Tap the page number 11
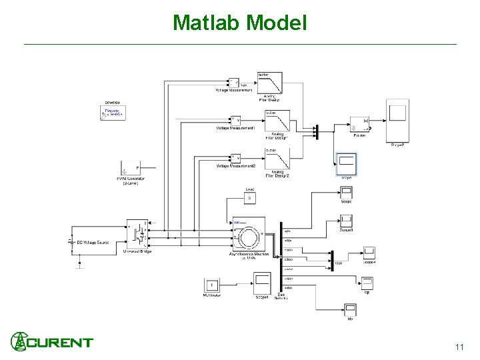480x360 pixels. coord(459,347)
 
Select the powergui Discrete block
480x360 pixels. coord(112,113)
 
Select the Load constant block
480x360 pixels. coord(250,197)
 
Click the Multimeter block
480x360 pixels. coord(212,285)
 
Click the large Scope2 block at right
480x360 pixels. coord(398,119)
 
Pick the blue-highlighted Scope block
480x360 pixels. coord(347,164)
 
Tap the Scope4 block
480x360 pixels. coord(370,253)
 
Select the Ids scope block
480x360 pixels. coord(351,310)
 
